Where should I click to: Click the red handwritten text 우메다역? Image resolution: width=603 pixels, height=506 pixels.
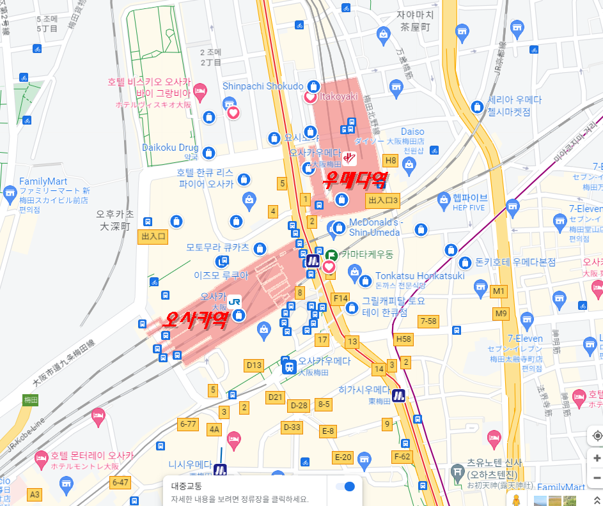(x=356, y=181)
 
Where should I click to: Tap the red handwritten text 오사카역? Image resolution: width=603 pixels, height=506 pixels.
(x=195, y=319)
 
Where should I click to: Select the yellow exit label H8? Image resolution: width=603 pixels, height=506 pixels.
(x=390, y=160)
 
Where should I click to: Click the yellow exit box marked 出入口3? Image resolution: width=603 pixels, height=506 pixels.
(x=383, y=201)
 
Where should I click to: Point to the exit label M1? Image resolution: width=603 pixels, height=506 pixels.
(x=499, y=292)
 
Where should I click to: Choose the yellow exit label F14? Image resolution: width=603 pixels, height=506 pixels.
(x=341, y=298)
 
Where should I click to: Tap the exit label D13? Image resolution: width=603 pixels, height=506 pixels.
(x=254, y=365)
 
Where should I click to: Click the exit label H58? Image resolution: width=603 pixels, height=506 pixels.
(x=403, y=339)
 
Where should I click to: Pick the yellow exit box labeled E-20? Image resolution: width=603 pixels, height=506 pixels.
(x=343, y=457)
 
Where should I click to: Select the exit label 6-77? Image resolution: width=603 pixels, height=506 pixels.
(x=189, y=424)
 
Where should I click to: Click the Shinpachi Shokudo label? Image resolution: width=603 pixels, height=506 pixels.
(x=263, y=86)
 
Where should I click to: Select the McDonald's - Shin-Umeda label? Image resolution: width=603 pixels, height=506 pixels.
(x=376, y=227)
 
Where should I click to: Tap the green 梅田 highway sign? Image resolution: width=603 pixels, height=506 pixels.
(x=31, y=400)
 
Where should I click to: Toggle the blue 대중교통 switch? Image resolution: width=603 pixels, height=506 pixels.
(x=346, y=486)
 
